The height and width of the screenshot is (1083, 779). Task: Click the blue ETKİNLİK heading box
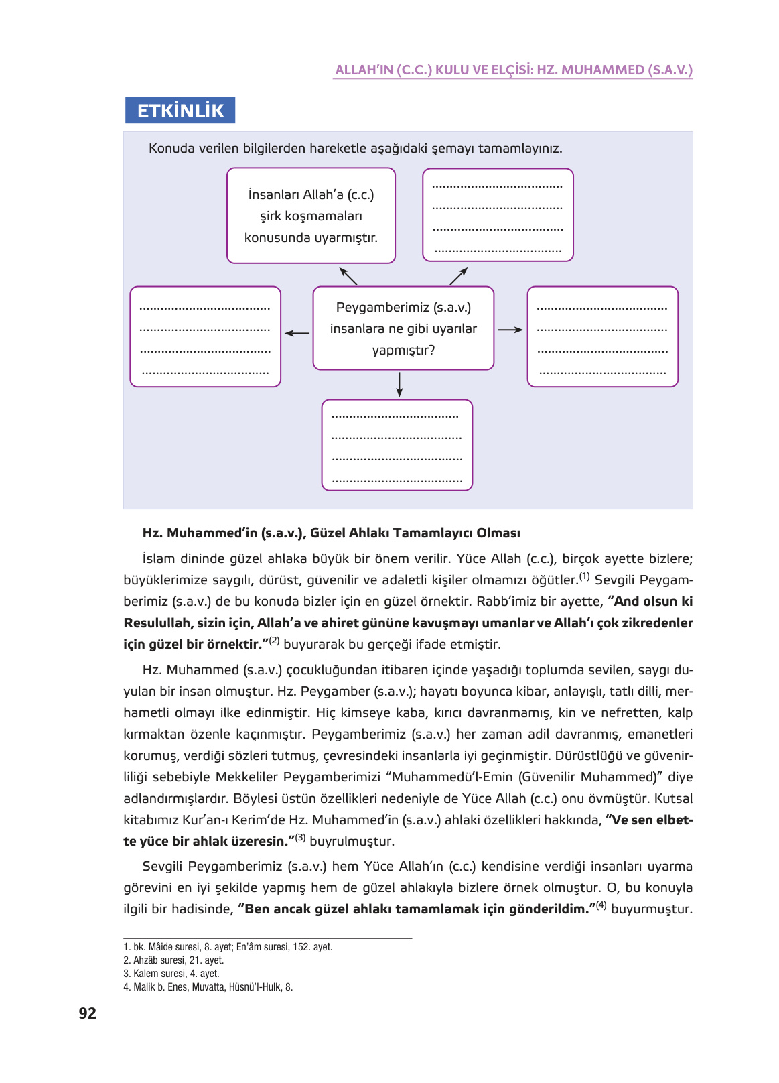[180, 111]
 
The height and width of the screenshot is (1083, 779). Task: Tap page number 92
[88, 1013]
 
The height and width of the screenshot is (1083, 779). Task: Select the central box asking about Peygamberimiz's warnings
[403, 328]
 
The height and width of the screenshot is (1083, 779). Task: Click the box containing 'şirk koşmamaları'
[311, 216]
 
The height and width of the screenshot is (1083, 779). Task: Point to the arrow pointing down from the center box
[399, 384]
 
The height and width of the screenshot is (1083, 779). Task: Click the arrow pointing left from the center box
[297, 333]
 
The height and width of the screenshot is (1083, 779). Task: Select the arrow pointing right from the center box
[510, 330]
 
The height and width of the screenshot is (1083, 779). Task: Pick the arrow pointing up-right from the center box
[458, 276]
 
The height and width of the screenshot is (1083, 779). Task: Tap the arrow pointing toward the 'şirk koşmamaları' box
[348, 276]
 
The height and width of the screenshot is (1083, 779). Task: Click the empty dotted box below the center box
[397, 446]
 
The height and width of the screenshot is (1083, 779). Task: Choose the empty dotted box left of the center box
[205, 337]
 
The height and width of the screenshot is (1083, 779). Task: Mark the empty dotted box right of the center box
[602, 337]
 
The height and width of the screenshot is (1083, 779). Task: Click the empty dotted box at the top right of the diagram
[498, 215]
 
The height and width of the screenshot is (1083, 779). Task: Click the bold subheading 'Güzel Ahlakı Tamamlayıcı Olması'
[331, 533]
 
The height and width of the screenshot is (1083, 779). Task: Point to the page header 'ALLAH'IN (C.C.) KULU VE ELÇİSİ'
[513, 70]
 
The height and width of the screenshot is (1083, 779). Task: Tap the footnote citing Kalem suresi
[171, 974]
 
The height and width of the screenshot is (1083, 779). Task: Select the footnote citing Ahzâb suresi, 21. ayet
[173, 960]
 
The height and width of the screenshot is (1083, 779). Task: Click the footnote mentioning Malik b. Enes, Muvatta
[208, 987]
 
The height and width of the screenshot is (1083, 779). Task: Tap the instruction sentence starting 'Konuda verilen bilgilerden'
[355, 149]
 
